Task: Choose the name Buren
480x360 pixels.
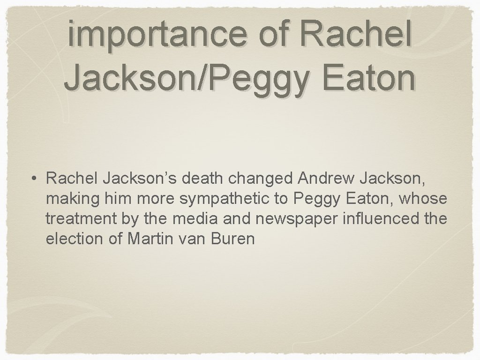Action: [x=233, y=239]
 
